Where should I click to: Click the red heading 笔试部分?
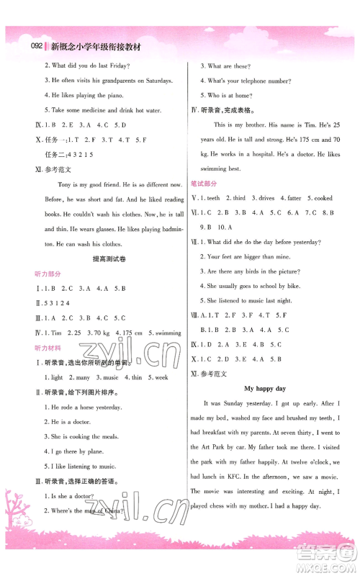pyautogui.click(x=202, y=184)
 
